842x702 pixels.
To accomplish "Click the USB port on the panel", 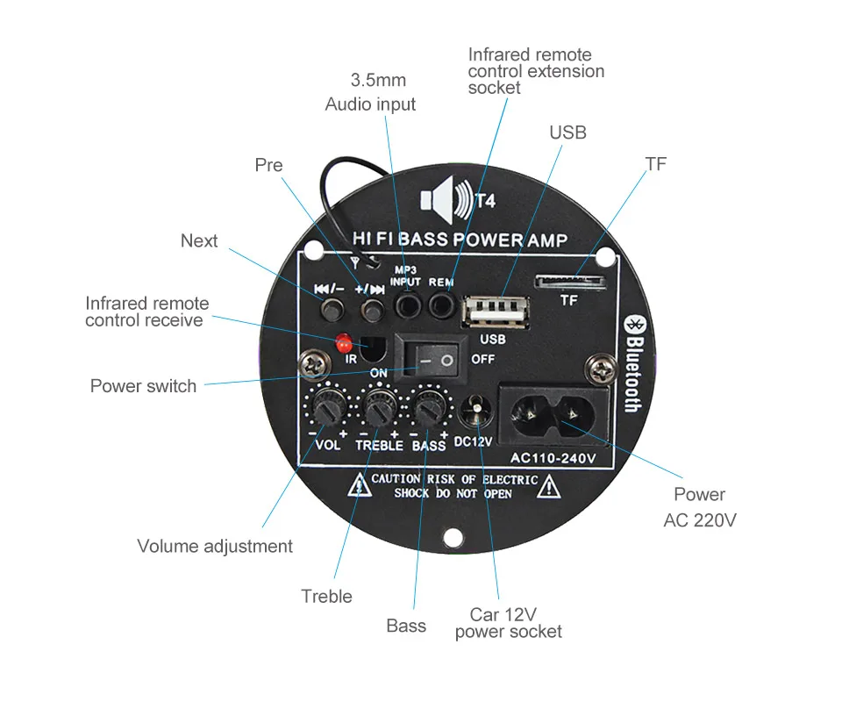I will [x=493, y=313].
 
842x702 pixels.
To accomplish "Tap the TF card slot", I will [x=570, y=282].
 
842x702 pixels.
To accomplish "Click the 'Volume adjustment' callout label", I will [x=215, y=546].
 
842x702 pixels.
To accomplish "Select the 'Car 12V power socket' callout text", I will [x=507, y=623].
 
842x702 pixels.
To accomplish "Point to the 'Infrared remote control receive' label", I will [x=147, y=312].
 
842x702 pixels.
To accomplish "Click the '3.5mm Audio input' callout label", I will [x=371, y=92].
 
